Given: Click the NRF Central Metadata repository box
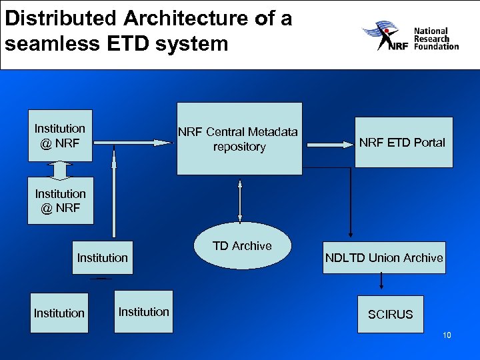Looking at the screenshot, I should click(x=239, y=138).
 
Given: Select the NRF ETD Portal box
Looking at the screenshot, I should click(x=403, y=141).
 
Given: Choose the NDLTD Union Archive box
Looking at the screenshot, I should click(x=384, y=257).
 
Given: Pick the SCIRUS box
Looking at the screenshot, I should click(x=390, y=314).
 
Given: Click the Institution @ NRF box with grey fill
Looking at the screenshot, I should click(x=60, y=135).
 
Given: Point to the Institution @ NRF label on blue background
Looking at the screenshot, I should click(x=60, y=201).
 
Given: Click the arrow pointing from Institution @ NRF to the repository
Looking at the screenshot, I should click(x=133, y=142).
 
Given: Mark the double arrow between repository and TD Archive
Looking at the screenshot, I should click(x=239, y=198).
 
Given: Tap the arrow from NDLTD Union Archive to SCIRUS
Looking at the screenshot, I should click(x=381, y=283).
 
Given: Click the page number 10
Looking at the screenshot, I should click(x=447, y=335).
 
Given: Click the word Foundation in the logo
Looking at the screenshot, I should click(x=437, y=47).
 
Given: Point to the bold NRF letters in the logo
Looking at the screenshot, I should click(x=397, y=46).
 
